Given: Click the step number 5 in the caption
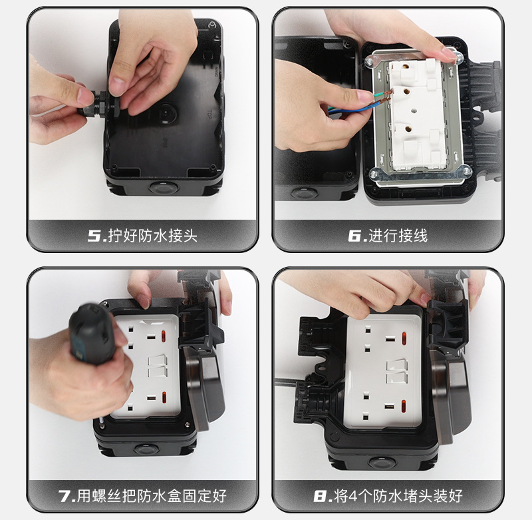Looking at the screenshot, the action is pyautogui.click(x=93, y=236).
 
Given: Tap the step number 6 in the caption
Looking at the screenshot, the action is pyautogui.click(x=354, y=236).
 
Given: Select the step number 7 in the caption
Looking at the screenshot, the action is pyautogui.click(x=64, y=496).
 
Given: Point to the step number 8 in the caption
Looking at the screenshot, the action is pyautogui.click(x=321, y=496).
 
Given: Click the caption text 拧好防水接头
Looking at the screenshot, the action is pyautogui.click(x=153, y=236).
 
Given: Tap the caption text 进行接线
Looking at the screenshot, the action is pyautogui.click(x=398, y=236).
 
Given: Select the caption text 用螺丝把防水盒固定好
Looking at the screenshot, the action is pyautogui.click(x=152, y=496).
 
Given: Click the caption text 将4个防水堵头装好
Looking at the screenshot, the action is pyautogui.click(x=398, y=496).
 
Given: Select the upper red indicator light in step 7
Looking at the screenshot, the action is pyautogui.click(x=164, y=336).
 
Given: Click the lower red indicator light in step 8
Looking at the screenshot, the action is pyautogui.click(x=404, y=406).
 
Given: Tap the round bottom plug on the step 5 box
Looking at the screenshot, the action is pyautogui.click(x=164, y=187).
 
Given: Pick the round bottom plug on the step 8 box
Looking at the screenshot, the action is pyautogui.click(x=382, y=463).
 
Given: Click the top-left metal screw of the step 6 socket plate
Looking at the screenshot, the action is pyautogui.click(x=368, y=62).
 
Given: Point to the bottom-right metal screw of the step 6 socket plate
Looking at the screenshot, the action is pyautogui.click(x=467, y=169).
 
